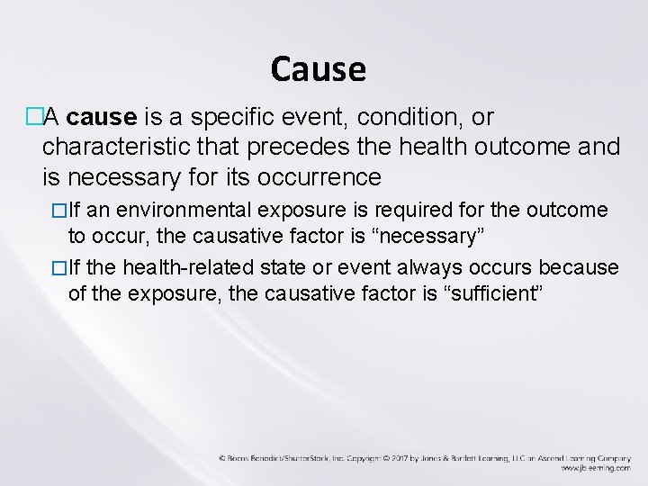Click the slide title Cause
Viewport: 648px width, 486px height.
click(x=318, y=69)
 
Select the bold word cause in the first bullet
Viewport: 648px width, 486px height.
click(x=101, y=118)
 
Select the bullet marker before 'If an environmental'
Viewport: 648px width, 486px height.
click(x=59, y=211)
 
